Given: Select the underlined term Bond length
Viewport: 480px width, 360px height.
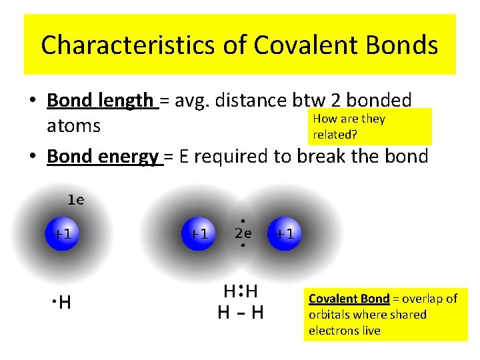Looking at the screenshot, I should (101, 101).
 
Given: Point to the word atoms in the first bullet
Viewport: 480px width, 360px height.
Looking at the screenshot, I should (73, 125).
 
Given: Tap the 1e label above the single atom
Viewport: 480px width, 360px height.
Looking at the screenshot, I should (75, 199).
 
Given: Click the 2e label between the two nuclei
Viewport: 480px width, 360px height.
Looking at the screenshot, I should (243, 233).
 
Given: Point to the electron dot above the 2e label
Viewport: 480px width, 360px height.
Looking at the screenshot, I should (243, 221).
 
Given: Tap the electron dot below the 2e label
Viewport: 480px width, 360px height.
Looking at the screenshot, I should (243, 245).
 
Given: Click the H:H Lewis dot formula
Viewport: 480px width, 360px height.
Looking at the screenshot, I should (241, 291).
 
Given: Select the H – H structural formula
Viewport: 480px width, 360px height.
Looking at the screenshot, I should (241, 312).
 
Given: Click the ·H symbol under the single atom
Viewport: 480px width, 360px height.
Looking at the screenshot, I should (61, 303).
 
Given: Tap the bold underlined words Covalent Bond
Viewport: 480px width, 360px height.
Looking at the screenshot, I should (349, 299).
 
